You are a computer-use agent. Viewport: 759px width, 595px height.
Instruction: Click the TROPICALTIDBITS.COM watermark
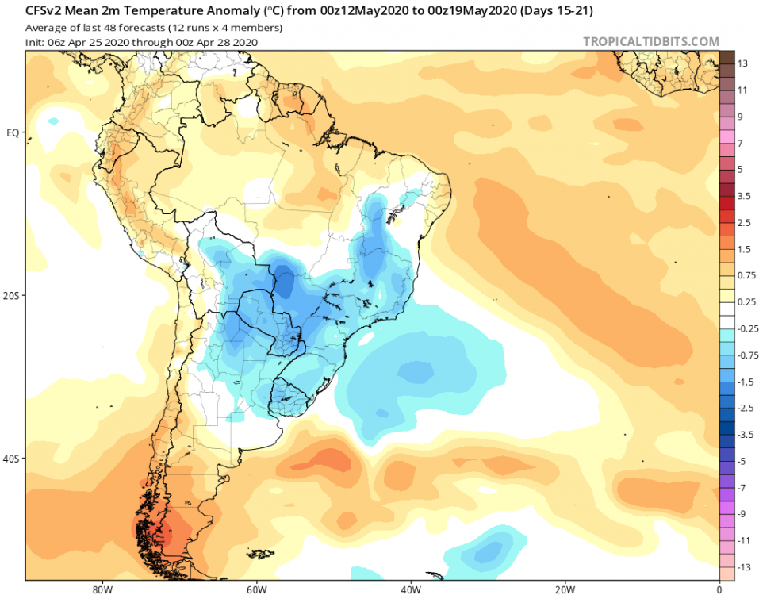[651, 41]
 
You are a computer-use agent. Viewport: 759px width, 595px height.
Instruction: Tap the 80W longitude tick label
[100, 589]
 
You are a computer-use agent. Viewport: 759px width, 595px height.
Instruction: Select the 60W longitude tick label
[255, 589]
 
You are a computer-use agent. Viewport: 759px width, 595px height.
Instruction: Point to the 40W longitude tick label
[409, 589]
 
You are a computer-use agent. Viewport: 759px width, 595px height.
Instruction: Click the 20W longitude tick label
[565, 589]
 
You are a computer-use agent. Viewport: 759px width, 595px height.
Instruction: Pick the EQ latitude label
[12, 132]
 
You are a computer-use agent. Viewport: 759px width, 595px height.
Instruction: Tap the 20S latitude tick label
[12, 295]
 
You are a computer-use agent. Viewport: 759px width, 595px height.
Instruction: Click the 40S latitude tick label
[12, 459]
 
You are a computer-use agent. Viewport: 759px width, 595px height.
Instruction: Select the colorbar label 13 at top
[742, 63]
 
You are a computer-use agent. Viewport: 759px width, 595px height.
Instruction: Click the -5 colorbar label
[742, 461]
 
